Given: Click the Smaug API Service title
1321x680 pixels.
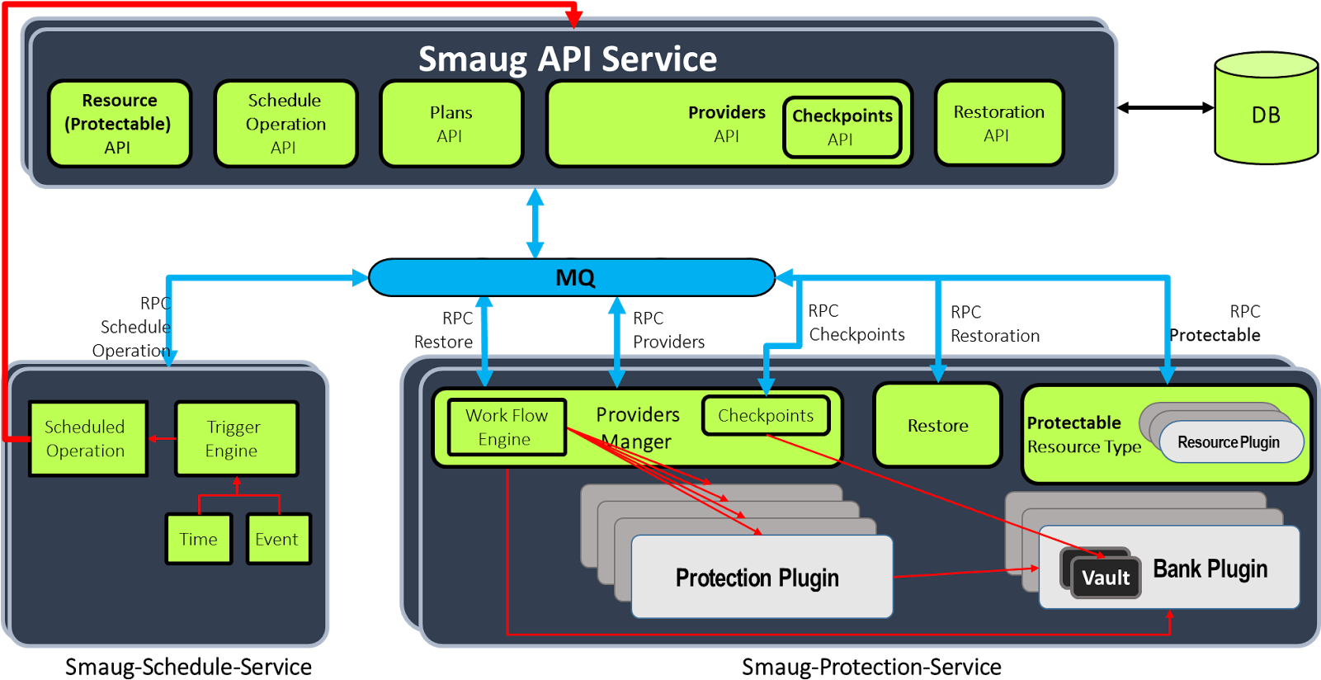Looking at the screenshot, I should tap(568, 59).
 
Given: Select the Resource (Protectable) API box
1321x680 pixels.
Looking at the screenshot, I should tap(119, 124).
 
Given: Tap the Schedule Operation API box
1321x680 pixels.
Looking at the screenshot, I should tap(285, 124).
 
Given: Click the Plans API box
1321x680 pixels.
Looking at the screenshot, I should tap(451, 124).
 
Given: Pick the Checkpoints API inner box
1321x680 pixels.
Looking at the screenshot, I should tap(842, 127).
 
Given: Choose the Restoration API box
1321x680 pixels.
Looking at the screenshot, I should tap(998, 124).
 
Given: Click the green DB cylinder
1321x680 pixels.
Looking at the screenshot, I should tap(1266, 111).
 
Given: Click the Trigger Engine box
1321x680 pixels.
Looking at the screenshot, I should tap(236, 438).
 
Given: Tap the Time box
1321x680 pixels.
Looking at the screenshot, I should tap(199, 539).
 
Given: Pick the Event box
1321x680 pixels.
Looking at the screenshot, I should tap(278, 539).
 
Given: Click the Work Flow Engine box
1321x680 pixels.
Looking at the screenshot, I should tap(507, 427).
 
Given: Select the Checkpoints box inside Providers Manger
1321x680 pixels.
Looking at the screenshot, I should tap(765, 415).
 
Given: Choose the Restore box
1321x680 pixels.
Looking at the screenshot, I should tap(937, 425).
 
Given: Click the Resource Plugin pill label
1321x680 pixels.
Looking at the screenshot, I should tap(1229, 442).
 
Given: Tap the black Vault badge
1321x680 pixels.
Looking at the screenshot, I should tap(1105, 577).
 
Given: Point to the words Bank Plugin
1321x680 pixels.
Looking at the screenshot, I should tap(1210, 569).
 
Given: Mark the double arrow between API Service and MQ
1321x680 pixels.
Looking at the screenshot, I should tap(535, 224).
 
